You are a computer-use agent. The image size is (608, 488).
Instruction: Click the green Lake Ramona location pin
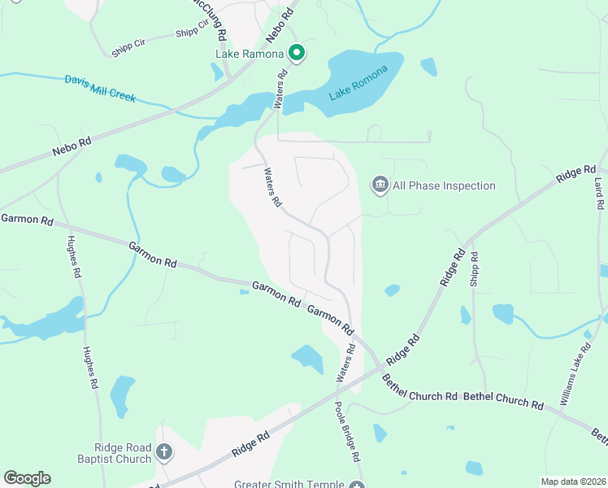(x=297, y=54)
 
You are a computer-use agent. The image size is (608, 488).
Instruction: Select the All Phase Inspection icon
(x=380, y=186)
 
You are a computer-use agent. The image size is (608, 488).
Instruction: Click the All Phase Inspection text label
(x=444, y=186)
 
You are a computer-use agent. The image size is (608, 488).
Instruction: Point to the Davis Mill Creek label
(x=101, y=89)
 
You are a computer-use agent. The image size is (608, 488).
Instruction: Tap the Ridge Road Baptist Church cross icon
(x=164, y=452)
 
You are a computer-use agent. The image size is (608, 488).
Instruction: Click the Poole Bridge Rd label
(x=346, y=433)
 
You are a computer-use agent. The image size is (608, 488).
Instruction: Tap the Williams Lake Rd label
(x=575, y=375)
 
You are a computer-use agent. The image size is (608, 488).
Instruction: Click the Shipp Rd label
(x=474, y=268)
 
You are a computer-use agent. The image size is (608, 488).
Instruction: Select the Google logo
(x=27, y=478)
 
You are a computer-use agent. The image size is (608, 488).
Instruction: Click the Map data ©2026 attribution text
(x=573, y=481)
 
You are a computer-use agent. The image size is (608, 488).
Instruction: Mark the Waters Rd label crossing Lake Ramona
(x=280, y=89)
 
